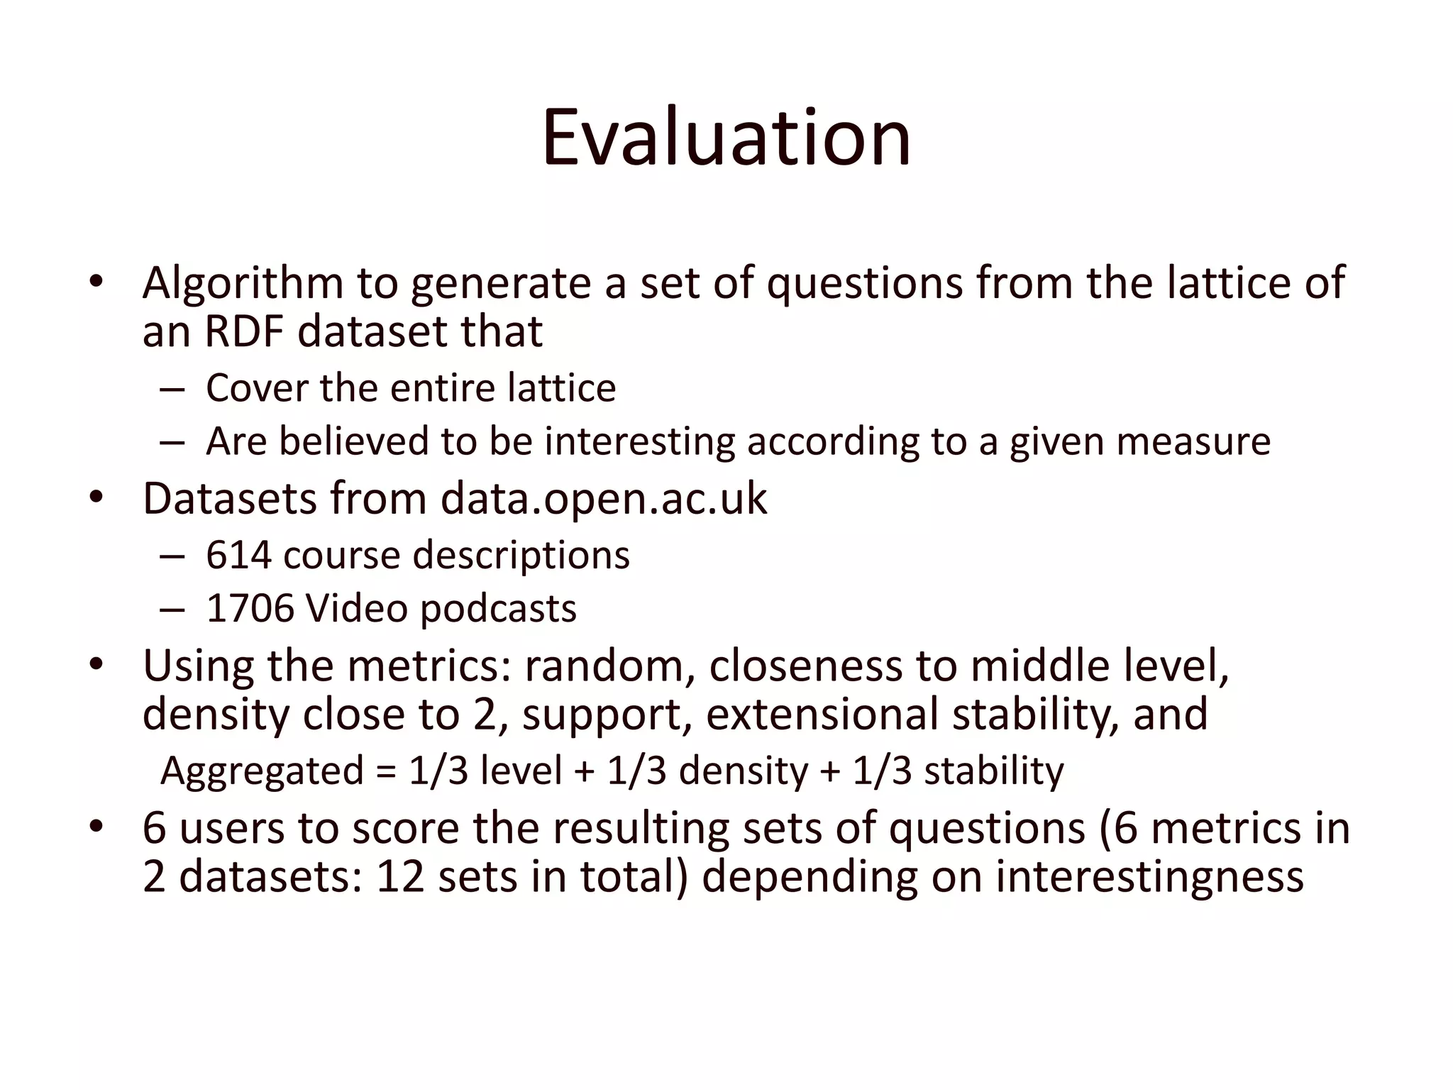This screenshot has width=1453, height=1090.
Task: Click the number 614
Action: click(x=238, y=555)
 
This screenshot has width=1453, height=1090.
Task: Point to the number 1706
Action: click(x=250, y=609)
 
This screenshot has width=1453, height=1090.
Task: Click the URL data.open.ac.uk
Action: click(x=603, y=499)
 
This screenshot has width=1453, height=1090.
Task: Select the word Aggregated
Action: click(x=262, y=771)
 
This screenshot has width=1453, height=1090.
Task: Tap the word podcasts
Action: click(x=498, y=609)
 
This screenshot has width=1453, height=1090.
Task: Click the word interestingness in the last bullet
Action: click(x=1149, y=876)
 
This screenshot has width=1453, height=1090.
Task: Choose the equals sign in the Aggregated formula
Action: click(x=386, y=771)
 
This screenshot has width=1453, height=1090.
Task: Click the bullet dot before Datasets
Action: click(x=96, y=499)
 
